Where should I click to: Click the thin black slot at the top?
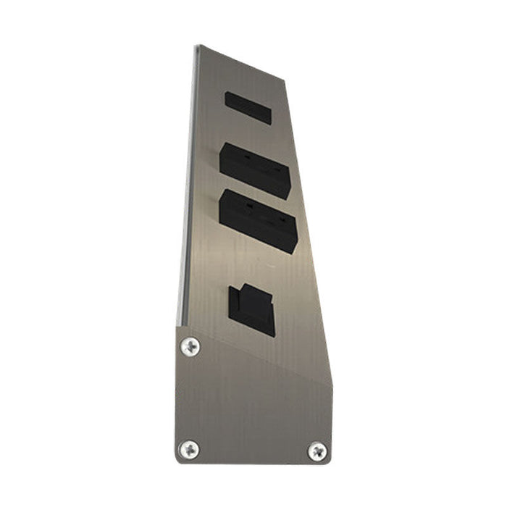248,108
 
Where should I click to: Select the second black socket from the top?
255,169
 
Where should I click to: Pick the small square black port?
251,311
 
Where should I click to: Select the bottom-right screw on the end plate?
317,451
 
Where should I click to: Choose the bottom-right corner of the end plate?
330,463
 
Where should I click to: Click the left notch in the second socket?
249,157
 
